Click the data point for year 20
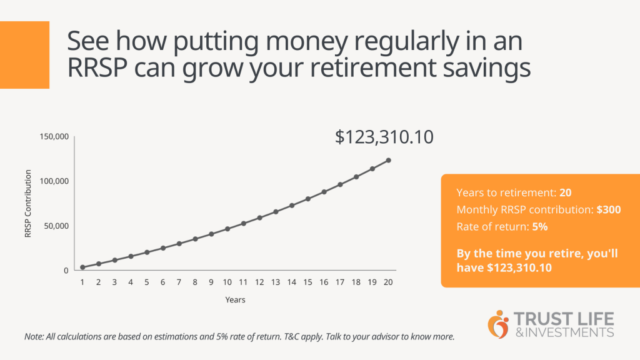click(x=388, y=160)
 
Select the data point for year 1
click(x=82, y=267)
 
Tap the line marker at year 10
click(x=227, y=229)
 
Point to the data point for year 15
click(x=308, y=199)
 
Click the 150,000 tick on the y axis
click(x=54, y=136)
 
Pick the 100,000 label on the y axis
click(x=54, y=181)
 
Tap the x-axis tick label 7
click(x=179, y=282)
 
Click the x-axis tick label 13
click(x=276, y=282)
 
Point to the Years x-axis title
click(x=235, y=300)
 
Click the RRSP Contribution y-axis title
click(x=27, y=203)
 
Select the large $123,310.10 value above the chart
click(x=384, y=137)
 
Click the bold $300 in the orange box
click(x=609, y=210)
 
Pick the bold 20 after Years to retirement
click(x=565, y=193)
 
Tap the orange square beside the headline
click(x=24, y=54)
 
